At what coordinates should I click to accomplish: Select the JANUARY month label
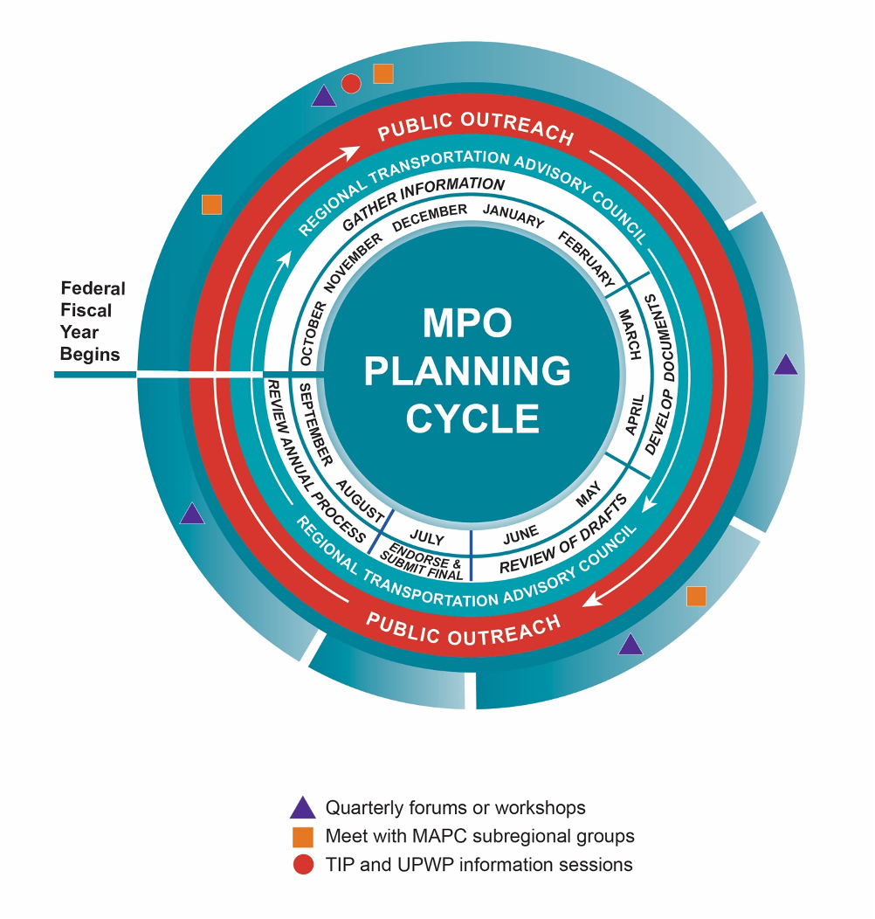513,216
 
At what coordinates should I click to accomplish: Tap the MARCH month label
629,334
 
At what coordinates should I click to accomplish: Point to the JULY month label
426,540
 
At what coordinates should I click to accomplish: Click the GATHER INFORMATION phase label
423,204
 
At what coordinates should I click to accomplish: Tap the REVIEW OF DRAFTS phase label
563,536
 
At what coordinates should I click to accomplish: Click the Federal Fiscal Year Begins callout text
93,321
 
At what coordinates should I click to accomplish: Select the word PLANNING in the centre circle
467,371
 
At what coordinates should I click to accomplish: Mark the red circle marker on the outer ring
351,84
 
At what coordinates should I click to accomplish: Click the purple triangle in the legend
302,808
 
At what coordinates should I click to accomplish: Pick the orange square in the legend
302,837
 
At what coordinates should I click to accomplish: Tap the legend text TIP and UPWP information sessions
479,865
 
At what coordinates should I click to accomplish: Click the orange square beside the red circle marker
382,74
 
